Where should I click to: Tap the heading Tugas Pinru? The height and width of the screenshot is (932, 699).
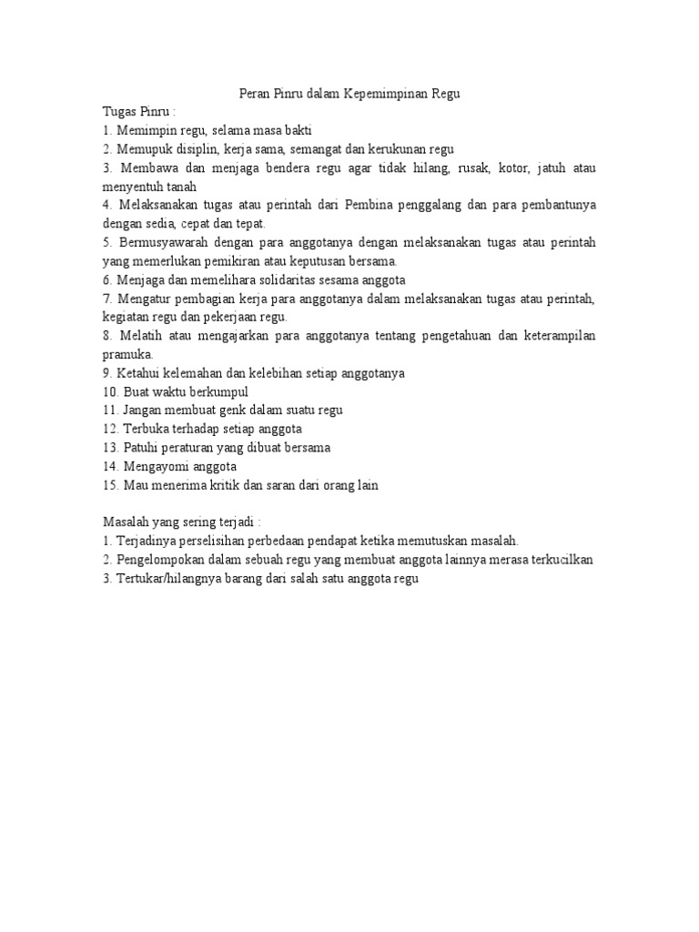pos(137,112)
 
